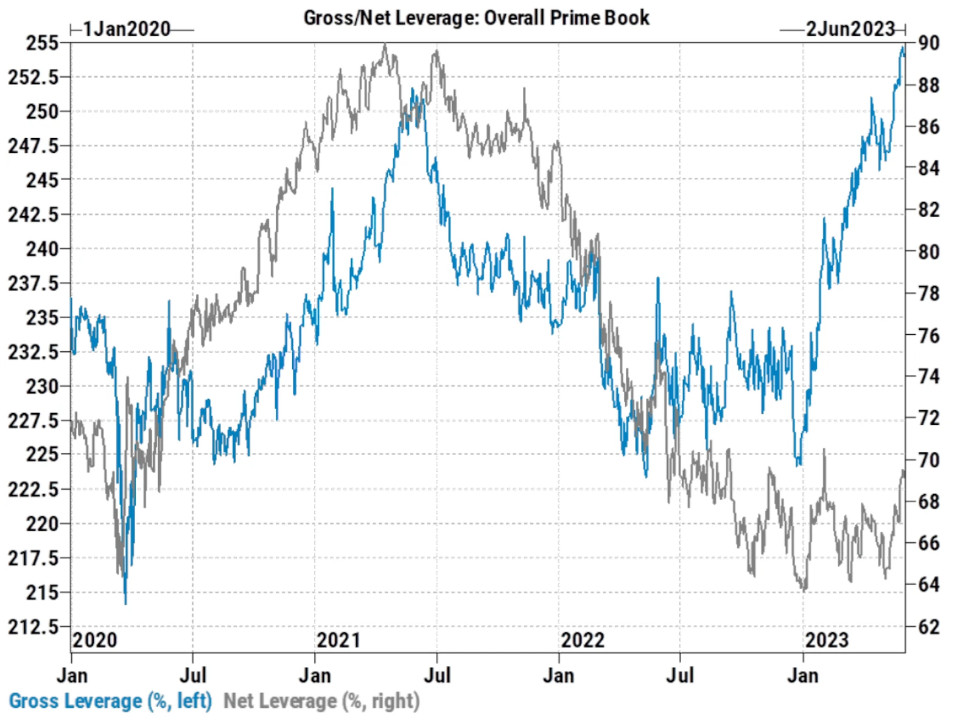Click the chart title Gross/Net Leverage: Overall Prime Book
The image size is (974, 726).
476,18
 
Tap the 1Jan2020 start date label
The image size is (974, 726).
127,29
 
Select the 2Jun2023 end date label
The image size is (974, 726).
850,29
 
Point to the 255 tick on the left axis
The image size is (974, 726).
42,43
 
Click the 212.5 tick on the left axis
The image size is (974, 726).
33,627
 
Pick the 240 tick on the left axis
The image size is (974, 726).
42,249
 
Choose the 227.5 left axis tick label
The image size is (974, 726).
33,421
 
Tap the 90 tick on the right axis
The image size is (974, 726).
928,43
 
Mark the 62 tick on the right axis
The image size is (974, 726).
928,627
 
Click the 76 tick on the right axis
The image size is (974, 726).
928,335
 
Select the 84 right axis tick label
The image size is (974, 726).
928,168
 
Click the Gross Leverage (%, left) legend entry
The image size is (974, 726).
110,701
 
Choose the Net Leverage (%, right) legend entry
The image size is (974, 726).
321,701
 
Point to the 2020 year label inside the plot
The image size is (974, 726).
94,640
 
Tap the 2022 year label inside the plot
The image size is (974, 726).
583,640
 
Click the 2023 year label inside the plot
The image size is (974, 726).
827,640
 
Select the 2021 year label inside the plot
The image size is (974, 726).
338,640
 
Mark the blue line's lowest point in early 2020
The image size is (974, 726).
125,603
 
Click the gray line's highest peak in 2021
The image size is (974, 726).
385,44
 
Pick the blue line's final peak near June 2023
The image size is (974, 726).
903,47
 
